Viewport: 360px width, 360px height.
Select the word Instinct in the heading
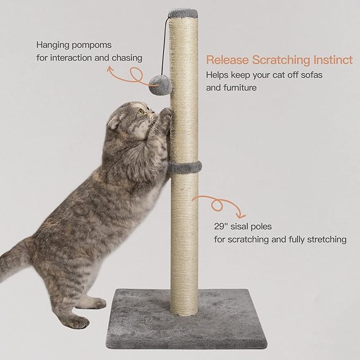pos(330,60)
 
